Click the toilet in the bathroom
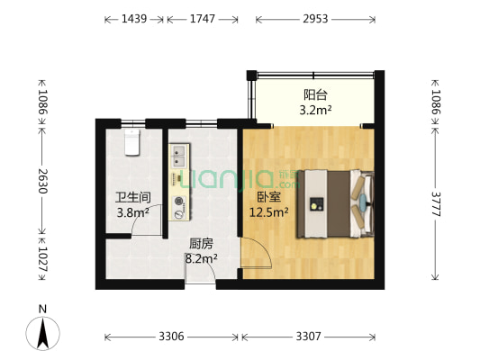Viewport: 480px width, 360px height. [132, 141]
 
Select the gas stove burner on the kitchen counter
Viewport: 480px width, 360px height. [179, 202]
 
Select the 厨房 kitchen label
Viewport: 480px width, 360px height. [201, 243]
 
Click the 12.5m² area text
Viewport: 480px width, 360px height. [268, 213]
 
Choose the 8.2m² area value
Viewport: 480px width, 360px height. [202, 258]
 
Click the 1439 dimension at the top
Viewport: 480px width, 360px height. [133, 18]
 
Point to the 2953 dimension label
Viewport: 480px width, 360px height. [315, 18]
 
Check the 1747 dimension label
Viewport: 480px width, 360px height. [203, 18]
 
